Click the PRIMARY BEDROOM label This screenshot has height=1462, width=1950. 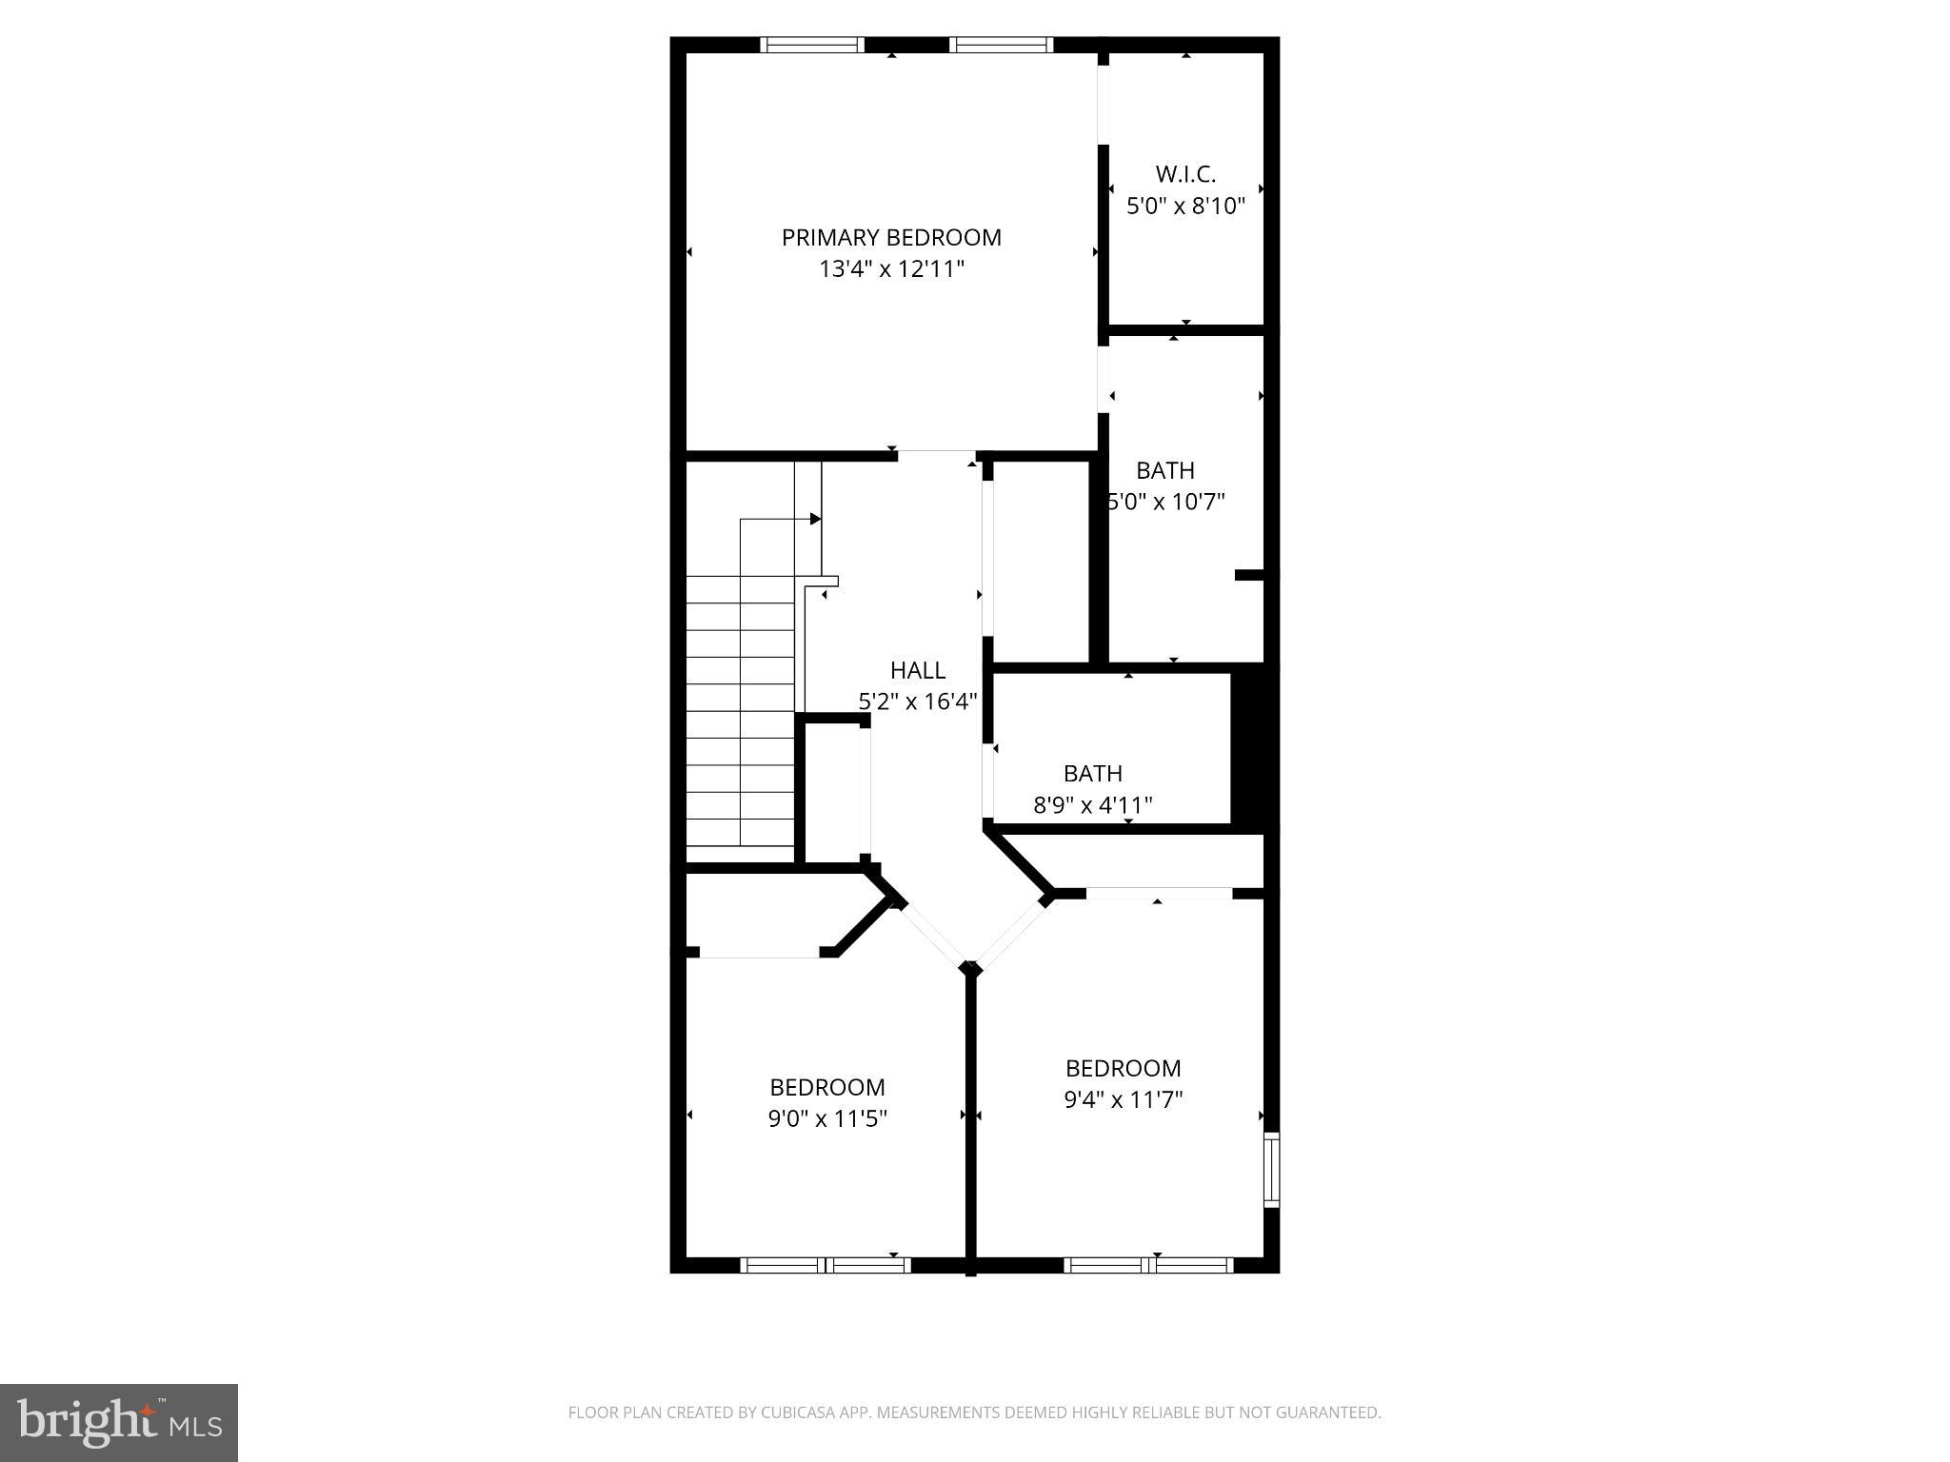[x=891, y=237]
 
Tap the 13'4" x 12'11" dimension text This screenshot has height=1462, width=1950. [x=891, y=269]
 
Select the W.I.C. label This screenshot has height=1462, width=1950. [x=1185, y=174]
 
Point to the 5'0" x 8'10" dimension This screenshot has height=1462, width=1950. [x=1185, y=206]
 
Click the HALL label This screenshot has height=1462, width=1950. [x=918, y=670]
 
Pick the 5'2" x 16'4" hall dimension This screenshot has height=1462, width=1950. [x=918, y=701]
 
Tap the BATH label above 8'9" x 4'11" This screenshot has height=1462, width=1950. [x=1093, y=773]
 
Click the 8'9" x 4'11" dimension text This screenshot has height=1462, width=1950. [x=1093, y=805]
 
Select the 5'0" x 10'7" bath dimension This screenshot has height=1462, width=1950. [x=1166, y=502]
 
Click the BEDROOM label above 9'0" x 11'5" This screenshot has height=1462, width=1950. [x=827, y=1087]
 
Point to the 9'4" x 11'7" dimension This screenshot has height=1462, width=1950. [x=1124, y=1100]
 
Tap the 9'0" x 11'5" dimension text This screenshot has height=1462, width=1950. [x=827, y=1118]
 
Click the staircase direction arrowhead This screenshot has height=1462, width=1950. [x=815, y=519]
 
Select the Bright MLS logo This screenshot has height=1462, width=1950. [x=119, y=1422]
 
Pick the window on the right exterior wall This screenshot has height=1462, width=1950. [x=1271, y=1170]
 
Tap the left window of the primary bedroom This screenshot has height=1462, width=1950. [x=812, y=44]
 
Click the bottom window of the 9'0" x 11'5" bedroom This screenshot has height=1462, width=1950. [x=826, y=1265]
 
